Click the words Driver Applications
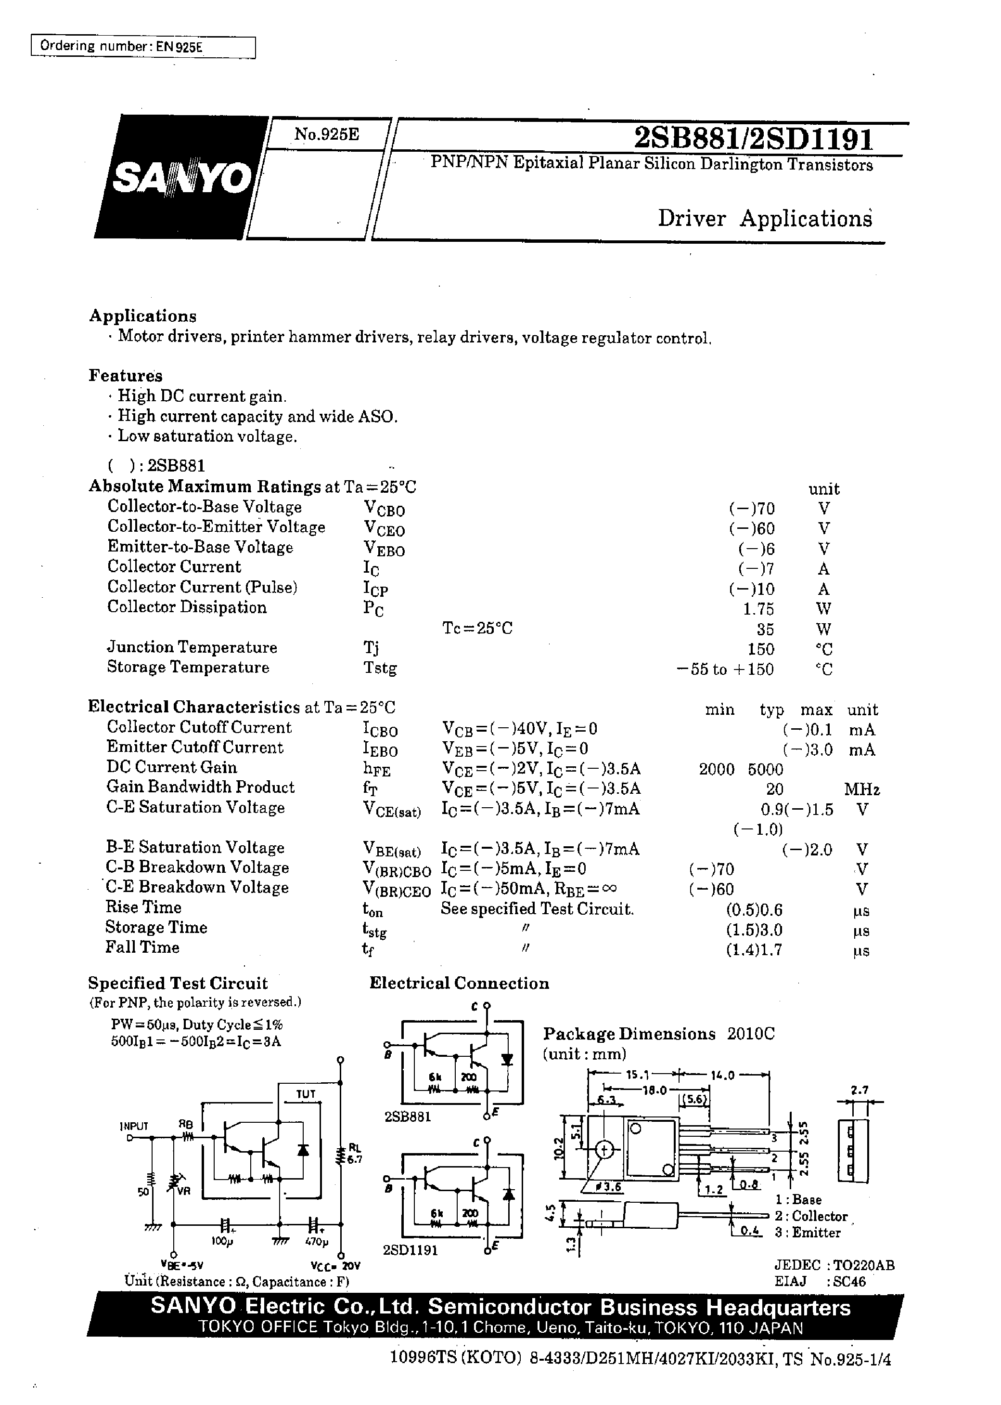(765, 218)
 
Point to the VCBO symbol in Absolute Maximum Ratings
(384, 509)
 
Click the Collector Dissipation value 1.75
(757, 609)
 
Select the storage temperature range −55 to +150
(725, 669)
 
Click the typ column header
(771, 710)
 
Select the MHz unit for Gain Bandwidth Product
(862, 789)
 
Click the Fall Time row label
(142, 947)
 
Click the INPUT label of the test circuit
(134, 1126)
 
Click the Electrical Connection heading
(459, 983)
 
